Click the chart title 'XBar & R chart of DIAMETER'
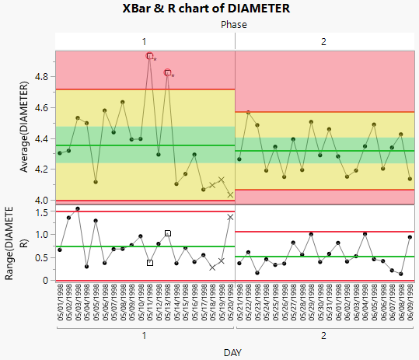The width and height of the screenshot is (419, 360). [x=206, y=9]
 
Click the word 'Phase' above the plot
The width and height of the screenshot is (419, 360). [x=234, y=25]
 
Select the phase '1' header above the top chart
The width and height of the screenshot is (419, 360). [x=144, y=40]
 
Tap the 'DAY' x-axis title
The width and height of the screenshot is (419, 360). [x=232, y=352]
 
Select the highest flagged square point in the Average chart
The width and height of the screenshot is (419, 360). [x=150, y=56]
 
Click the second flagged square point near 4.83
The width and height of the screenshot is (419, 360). [x=168, y=72]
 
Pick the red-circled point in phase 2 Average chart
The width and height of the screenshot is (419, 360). [x=248, y=113]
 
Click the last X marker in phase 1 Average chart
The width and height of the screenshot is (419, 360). [x=230, y=194]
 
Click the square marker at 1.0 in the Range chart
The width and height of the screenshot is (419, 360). [x=168, y=233]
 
